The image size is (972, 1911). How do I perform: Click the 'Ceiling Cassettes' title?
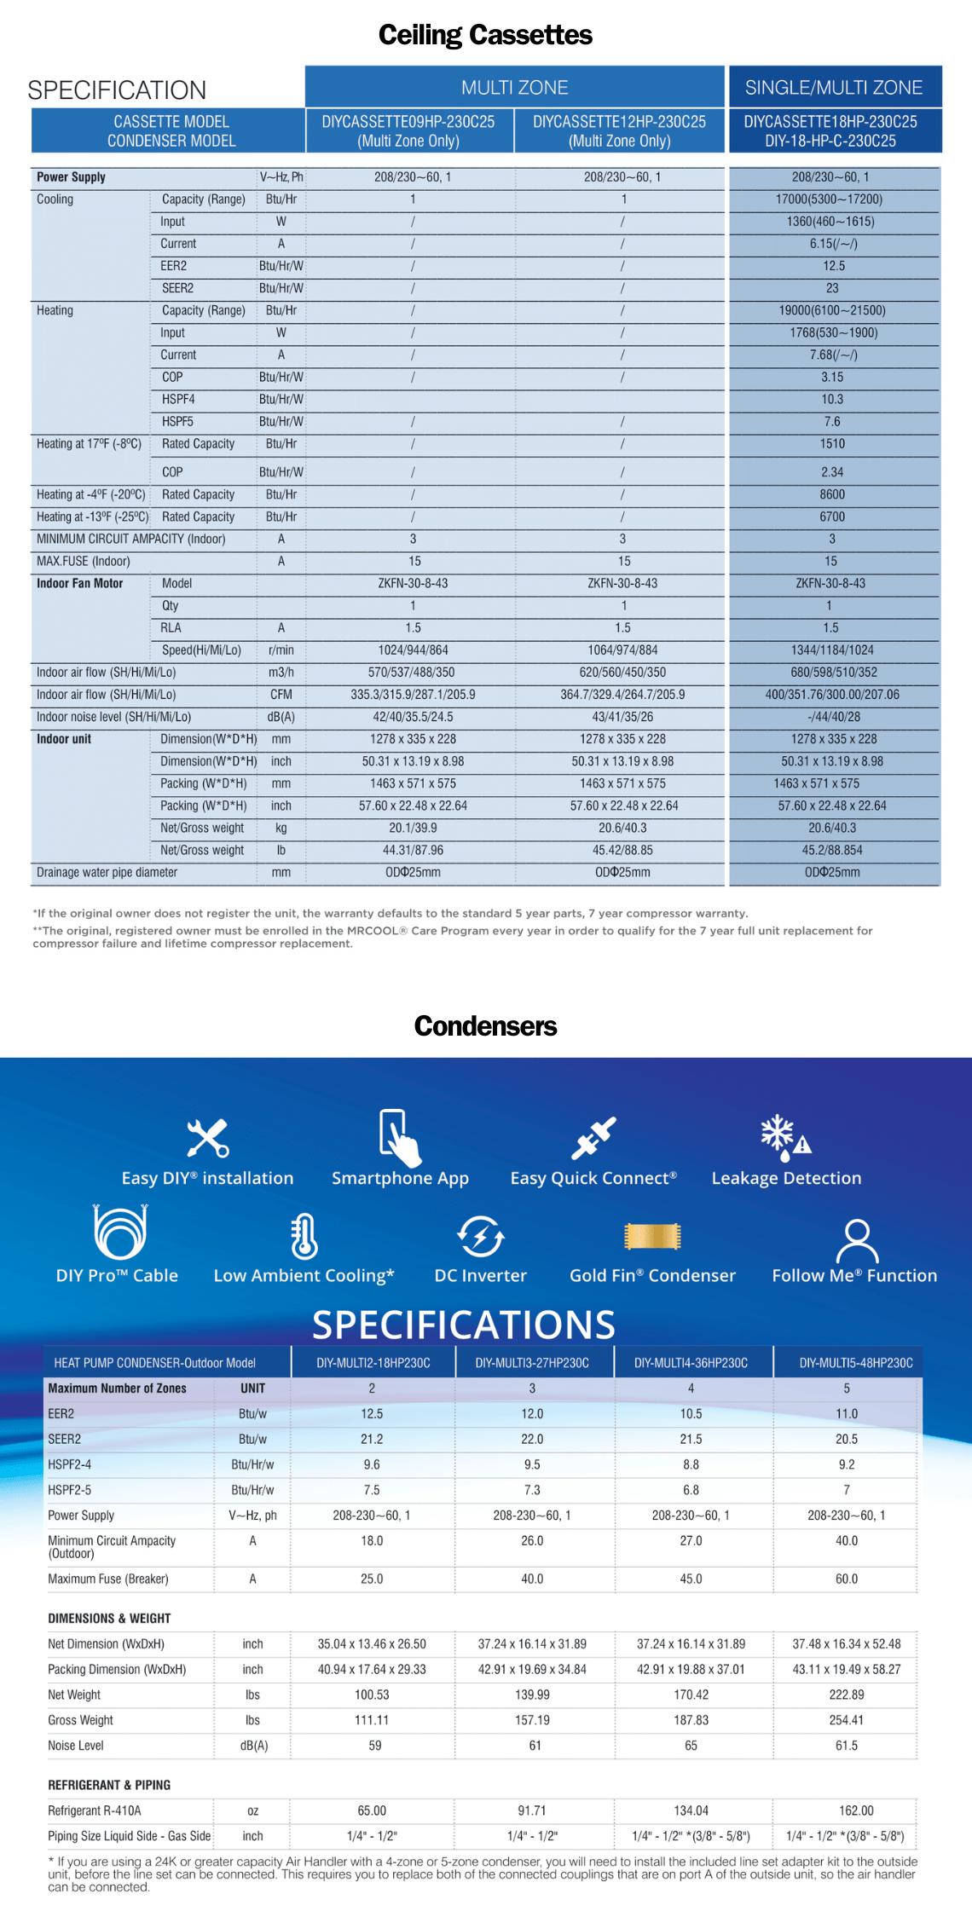tap(485, 35)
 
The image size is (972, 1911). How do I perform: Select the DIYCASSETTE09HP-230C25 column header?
tap(408, 130)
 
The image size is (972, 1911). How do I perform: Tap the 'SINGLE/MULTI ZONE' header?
tap(834, 88)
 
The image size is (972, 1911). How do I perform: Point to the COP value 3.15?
tap(832, 377)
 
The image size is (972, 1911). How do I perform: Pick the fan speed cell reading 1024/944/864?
tap(414, 650)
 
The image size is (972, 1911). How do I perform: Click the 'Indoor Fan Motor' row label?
tap(79, 584)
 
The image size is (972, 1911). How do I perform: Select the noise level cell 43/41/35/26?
tap(622, 717)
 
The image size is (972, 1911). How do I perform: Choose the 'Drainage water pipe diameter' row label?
tap(107, 872)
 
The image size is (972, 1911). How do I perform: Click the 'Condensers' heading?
tap(485, 1026)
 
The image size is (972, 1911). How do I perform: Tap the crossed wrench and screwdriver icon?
tap(208, 1138)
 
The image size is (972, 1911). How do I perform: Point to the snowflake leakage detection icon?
tap(785, 1138)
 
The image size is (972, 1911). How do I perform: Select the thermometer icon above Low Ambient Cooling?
tap(304, 1236)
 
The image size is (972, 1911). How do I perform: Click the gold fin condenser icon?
tap(652, 1236)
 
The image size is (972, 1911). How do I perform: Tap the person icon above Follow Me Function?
tap(856, 1240)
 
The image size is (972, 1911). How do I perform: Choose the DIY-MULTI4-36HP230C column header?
tap(691, 1363)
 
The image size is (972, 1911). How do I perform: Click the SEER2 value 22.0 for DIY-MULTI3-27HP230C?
tap(532, 1439)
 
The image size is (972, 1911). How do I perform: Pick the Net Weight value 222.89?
tap(847, 1694)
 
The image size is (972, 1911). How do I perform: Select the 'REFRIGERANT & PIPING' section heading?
tap(109, 1785)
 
